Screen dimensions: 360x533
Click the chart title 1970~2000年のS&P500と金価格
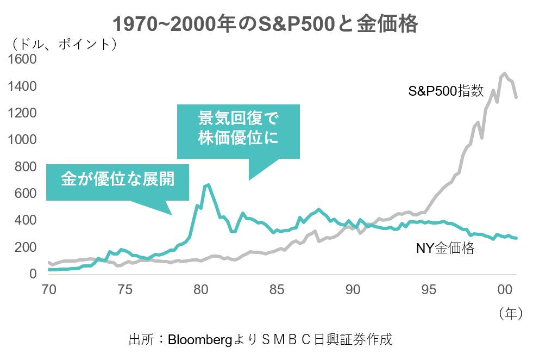pos(266,23)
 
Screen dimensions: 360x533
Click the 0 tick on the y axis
pos(33,274)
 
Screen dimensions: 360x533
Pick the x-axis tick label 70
pos(49,289)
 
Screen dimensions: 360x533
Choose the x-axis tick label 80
pos(201,289)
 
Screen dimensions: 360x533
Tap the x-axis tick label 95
pos(429,289)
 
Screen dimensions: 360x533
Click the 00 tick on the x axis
pos(505,289)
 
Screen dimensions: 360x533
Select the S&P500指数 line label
pos(446,91)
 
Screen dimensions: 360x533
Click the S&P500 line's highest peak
pos(505,73)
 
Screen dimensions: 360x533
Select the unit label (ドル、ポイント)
pos(62,43)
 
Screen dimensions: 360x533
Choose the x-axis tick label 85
pos(277,289)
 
